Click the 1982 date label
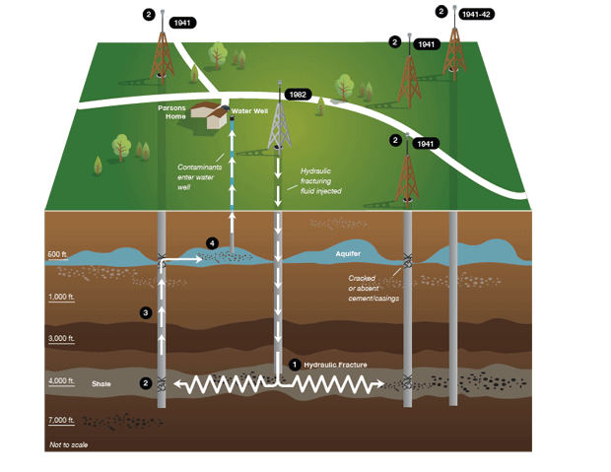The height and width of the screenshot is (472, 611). [x=298, y=95]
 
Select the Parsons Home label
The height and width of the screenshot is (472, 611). [x=171, y=111]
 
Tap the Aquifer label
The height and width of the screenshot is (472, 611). [x=348, y=254]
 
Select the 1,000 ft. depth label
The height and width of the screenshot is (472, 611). [x=63, y=298]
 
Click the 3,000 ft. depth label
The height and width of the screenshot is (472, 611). [x=63, y=339]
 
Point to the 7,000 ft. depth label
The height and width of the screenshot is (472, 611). [x=63, y=421]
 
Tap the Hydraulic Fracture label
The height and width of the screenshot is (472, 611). [x=335, y=365]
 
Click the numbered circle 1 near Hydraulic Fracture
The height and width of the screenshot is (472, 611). [x=294, y=364]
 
